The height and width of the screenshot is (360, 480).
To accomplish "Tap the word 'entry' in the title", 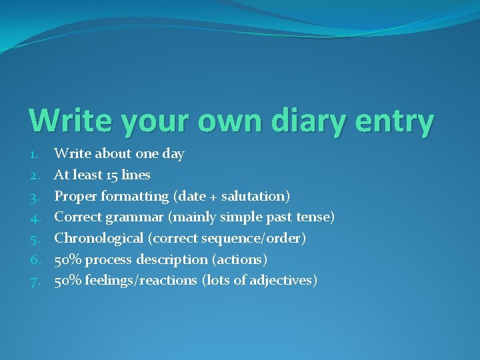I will [x=401, y=121].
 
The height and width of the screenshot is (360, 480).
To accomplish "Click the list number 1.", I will [x=34, y=154].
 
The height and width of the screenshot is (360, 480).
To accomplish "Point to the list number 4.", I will [x=34, y=217].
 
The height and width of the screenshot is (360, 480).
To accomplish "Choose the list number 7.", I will [x=34, y=281].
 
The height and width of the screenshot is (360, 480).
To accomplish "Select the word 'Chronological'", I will [x=99, y=238].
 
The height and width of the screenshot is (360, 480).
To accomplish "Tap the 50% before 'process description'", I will [x=67, y=259].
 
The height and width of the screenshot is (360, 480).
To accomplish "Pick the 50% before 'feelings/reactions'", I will [x=67, y=281].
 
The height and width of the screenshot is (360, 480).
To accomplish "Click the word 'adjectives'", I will [x=281, y=281].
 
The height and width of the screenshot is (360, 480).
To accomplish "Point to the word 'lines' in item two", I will [x=136, y=175].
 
